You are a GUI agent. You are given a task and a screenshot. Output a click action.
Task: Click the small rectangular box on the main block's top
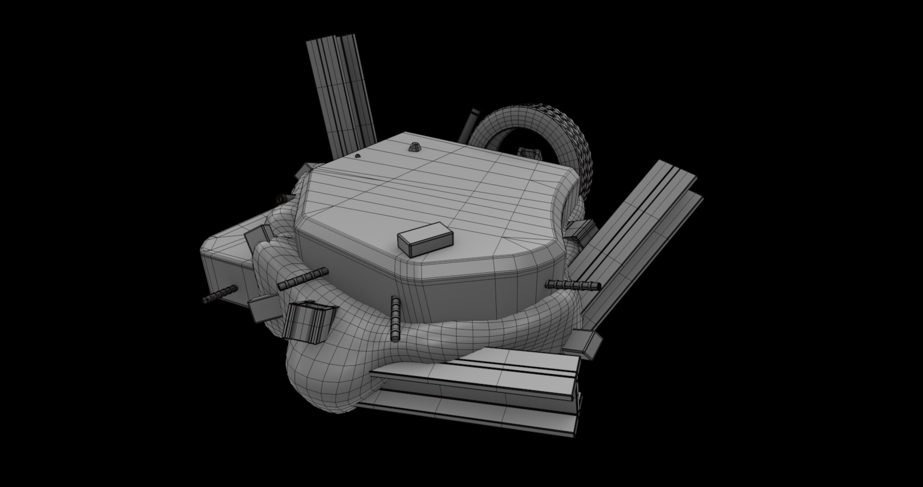[425, 239]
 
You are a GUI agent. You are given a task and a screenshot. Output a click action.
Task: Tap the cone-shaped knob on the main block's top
[414, 147]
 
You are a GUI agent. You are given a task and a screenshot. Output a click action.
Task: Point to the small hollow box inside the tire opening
[530, 153]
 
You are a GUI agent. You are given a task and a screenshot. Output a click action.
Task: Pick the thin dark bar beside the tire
[469, 125]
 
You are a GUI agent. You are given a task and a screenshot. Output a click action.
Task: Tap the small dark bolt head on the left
[280, 199]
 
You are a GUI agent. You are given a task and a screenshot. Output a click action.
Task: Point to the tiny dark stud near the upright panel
[358, 156]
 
